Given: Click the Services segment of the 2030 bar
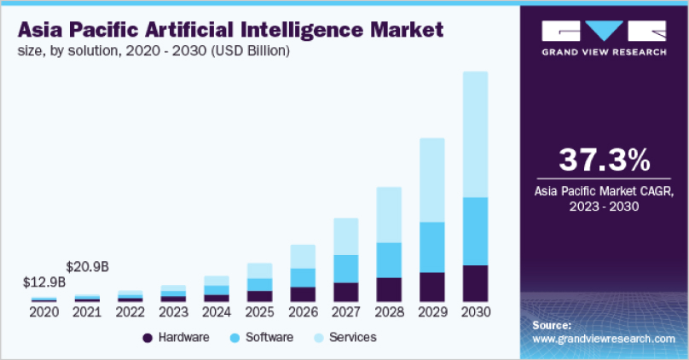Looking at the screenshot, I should pos(475,134).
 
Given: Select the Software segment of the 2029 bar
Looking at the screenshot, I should pos(432,247).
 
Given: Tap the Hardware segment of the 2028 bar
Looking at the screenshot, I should pos(389,289).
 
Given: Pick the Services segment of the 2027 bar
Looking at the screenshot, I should pos(346,235).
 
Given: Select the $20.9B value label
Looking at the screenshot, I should pos(88,266).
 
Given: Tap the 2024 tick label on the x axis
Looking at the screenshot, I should pos(217,312).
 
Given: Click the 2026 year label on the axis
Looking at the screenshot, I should pos(303,312).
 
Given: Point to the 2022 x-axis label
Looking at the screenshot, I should pos(130,312).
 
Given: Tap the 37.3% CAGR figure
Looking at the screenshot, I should pos(604,160).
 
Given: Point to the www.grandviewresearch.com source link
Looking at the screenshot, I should pos(603,339).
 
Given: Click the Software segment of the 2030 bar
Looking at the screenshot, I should pos(475,231).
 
